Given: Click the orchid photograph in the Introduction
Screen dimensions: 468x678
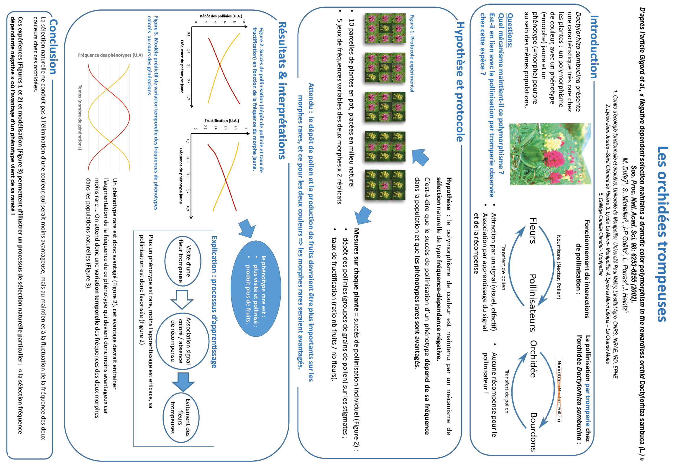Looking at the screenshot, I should [550, 154].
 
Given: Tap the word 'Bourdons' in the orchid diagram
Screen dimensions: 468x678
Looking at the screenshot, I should [533, 432].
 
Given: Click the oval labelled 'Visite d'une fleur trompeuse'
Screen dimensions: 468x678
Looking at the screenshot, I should [183, 261].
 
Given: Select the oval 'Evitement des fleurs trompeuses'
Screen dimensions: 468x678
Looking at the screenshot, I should [181, 418].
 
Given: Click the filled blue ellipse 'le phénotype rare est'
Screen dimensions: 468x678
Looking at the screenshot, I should [256, 289].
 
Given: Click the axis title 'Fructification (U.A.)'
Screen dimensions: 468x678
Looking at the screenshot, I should [222, 121].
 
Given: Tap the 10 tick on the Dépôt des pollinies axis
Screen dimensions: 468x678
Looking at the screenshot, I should [244, 21].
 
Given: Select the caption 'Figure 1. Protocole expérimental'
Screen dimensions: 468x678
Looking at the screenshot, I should [412, 53].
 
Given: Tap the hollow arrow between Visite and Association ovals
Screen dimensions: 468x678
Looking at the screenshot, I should [182, 299].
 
